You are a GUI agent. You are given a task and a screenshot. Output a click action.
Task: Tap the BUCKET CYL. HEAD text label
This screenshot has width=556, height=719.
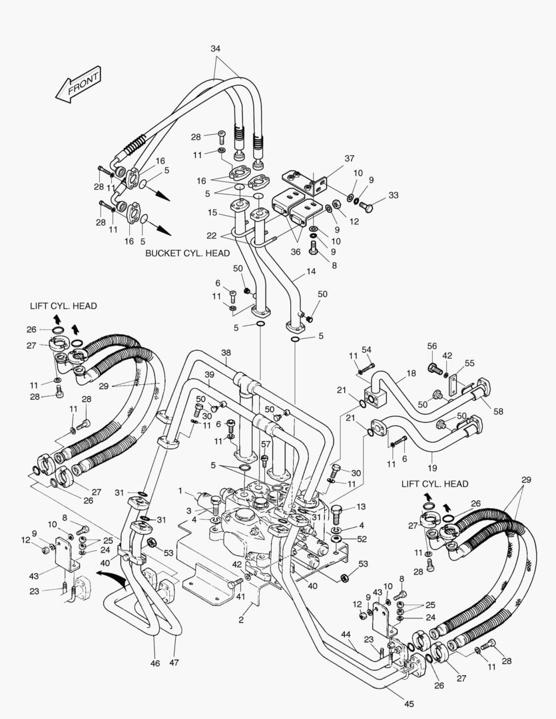(187, 254)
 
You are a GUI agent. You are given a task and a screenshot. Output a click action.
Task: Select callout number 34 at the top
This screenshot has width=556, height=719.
(215, 49)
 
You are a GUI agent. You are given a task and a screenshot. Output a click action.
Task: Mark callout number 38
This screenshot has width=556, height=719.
(226, 353)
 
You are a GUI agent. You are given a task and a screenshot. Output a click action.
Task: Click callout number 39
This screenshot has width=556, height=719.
(209, 374)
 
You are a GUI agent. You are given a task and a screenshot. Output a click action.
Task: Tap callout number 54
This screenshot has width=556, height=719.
(366, 350)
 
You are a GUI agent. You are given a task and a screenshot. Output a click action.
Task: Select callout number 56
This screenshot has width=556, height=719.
(431, 346)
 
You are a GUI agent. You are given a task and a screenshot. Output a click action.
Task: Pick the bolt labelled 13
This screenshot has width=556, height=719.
(338, 513)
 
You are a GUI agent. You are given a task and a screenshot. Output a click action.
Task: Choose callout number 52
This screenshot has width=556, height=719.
(362, 539)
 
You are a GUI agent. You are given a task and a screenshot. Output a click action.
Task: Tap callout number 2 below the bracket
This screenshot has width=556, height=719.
(240, 620)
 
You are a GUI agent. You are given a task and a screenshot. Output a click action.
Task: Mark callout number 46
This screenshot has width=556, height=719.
(154, 663)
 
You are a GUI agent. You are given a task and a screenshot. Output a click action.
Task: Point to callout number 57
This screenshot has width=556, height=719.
(266, 444)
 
